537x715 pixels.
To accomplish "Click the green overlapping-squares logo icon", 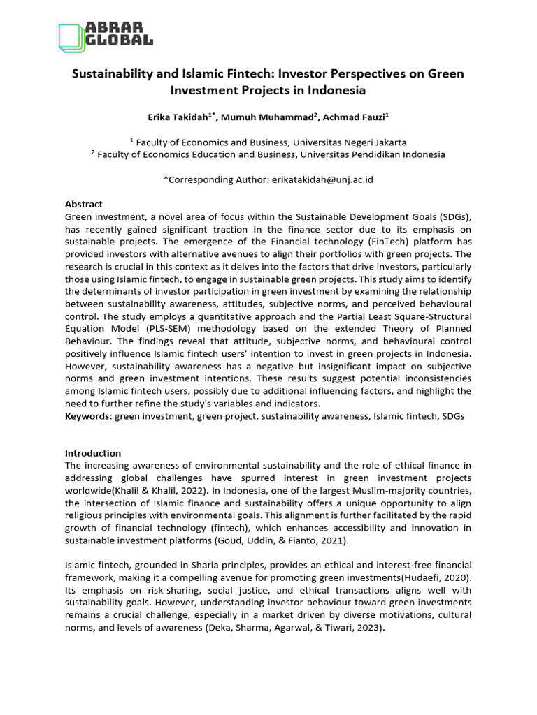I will [x=70, y=36].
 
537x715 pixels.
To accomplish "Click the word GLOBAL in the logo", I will [x=119, y=41].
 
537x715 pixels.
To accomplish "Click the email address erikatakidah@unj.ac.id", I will [x=321, y=179].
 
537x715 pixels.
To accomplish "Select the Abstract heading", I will [x=83, y=204].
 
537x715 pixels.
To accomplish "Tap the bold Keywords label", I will [x=88, y=415].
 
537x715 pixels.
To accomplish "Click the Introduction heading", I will [x=93, y=453].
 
